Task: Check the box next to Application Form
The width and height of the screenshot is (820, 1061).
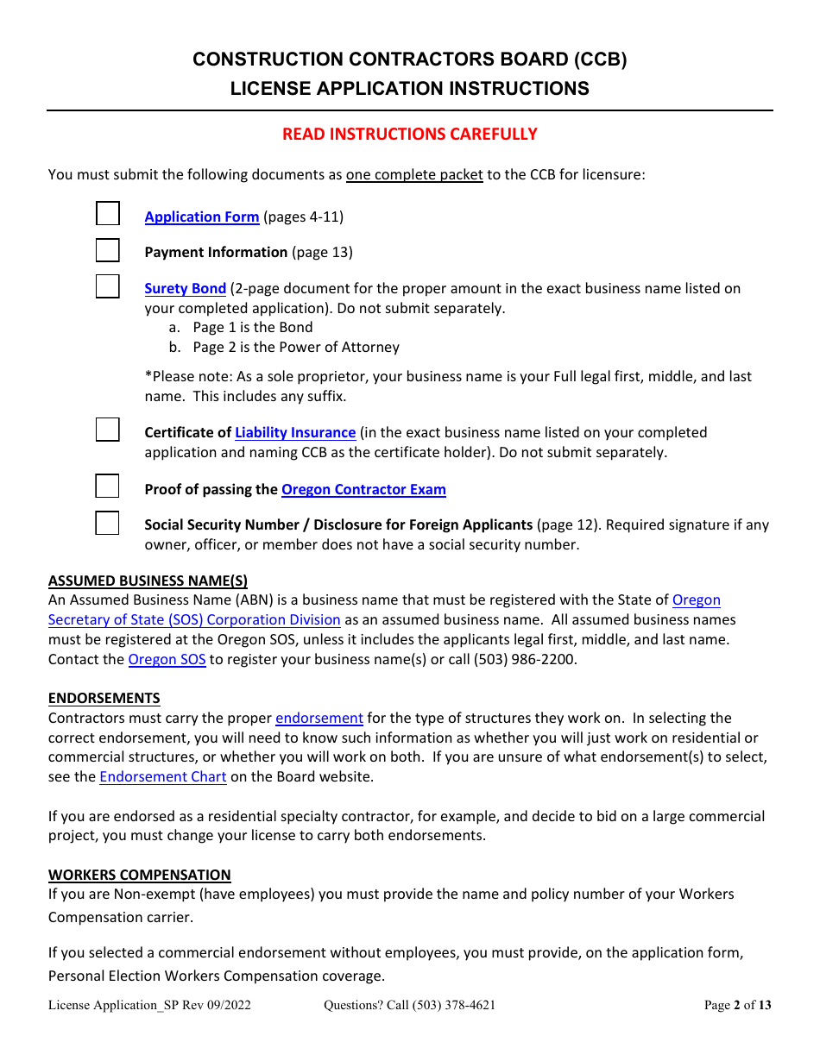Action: tap(107, 214)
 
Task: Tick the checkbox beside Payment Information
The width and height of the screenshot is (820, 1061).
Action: tap(107, 250)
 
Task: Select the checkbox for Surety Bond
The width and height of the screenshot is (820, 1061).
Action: tap(107, 286)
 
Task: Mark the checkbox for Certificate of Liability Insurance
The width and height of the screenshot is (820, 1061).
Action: tap(107, 430)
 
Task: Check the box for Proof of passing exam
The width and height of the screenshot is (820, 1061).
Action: tap(107, 487)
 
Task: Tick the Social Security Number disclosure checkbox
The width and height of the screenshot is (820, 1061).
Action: tap(107, 523)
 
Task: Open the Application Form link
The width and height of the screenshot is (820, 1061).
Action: tap(201, 217)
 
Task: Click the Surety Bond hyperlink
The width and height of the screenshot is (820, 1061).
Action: tap(185, 289)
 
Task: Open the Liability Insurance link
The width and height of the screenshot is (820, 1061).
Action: tap(295, 433)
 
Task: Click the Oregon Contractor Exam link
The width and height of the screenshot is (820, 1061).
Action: tap(363, 490)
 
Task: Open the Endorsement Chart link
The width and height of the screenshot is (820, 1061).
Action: tap(163, 776)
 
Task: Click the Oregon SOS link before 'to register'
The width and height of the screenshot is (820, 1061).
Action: tap(167, 660)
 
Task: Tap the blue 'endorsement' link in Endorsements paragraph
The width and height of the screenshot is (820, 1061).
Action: tap(319, 719)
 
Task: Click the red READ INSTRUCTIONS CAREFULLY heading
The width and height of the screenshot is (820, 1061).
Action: tap(410, 135)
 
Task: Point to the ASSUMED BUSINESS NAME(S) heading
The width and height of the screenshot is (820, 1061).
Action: tap(148, 581)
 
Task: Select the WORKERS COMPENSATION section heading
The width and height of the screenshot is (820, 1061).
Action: tap(139, 875)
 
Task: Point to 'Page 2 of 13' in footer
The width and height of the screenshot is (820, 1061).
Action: tap(737, 1005)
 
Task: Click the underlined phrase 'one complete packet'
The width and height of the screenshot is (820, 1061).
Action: tap(414, 175)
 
